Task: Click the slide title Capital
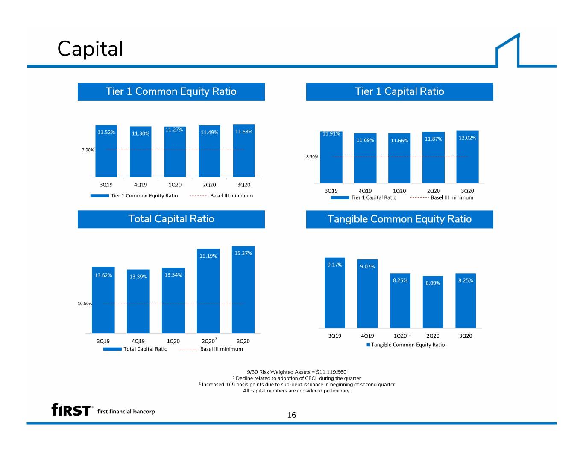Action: point(90,49)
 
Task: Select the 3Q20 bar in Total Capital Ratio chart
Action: point(243,290)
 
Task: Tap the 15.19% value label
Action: point(208,256)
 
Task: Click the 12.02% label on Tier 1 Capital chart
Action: point(467,138)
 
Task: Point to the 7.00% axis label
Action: point(88,150)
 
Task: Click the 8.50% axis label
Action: point(312,156)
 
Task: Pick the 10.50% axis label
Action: point(85,304)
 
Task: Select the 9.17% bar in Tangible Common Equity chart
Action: point(334,292)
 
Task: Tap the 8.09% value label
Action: point(433,283)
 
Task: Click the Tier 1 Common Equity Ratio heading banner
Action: point(171,92)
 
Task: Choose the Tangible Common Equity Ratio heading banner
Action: point(399,219)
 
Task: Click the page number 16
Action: point(292,415)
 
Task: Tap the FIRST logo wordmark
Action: point(71,410)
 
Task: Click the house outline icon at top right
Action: point(507,50)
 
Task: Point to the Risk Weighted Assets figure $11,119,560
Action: point(331,372)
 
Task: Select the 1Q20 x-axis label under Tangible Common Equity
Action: point(400,336)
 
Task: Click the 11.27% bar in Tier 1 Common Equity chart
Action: point(175,152)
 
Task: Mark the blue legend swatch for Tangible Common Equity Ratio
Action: point(368,345)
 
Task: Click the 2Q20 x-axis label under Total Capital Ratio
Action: point(208,341)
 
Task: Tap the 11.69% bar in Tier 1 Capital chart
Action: point(365,158)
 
